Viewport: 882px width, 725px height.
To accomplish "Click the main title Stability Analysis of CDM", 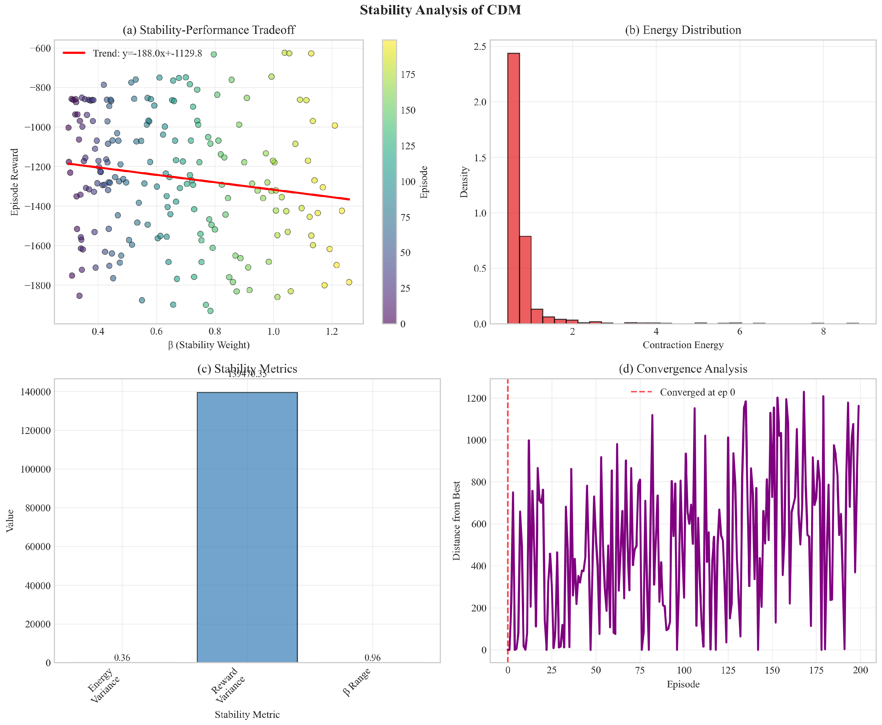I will click(440, 10).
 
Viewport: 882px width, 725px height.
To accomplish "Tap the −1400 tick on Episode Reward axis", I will click(38, 206).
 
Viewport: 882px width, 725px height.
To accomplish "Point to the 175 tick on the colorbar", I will click(408, 75).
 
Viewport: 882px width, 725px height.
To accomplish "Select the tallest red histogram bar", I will click(513, 188).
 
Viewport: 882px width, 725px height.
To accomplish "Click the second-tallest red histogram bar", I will click(525, 280).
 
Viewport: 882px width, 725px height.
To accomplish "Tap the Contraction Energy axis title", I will click(683, 345).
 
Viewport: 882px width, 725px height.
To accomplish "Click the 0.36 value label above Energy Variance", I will click(122, 658).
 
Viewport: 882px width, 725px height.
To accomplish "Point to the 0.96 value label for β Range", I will click(372, 658).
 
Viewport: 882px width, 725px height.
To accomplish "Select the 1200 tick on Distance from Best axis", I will click(476, 398).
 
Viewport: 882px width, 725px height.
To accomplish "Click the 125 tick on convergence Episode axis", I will click(728, 670).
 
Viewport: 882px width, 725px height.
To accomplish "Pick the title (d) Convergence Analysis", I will click(683, 369).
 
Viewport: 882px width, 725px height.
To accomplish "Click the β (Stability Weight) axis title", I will click(209, 345).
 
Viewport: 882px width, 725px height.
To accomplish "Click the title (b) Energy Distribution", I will click(683, 30).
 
